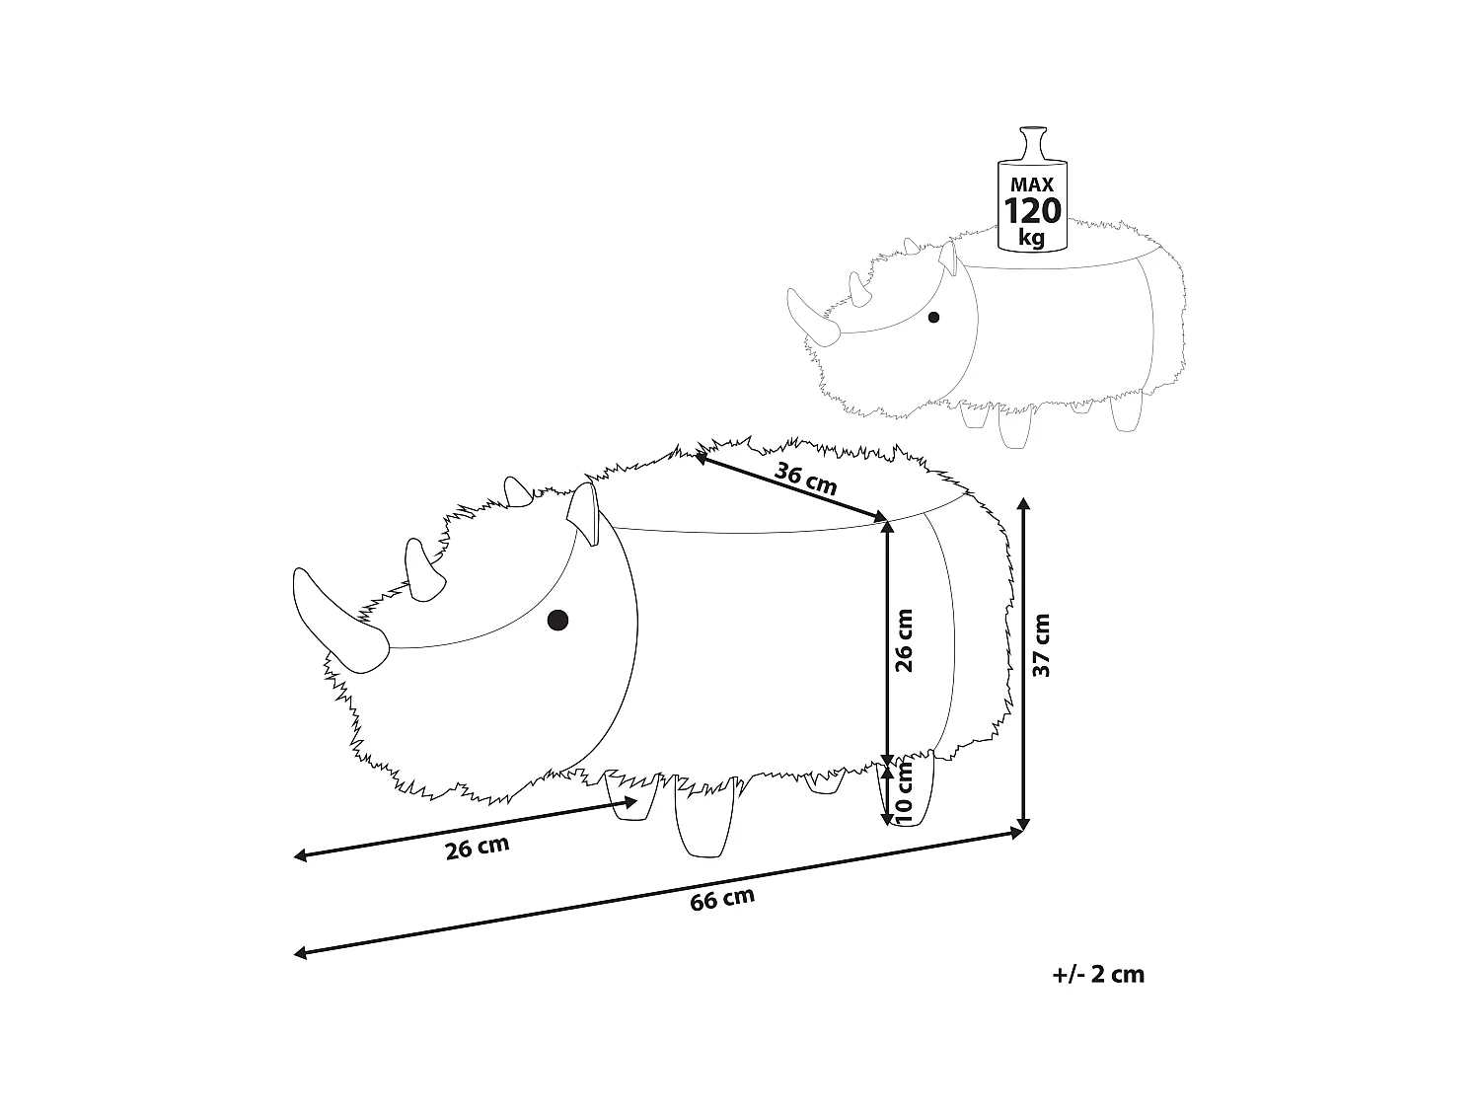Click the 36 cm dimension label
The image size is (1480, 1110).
tap(805, 479)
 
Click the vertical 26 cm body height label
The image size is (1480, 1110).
tap(904, 640)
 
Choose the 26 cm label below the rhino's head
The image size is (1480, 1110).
tap(477, 848)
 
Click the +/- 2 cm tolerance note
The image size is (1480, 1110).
tap(1098, 975)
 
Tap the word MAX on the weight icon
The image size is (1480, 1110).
tap(1032, 185)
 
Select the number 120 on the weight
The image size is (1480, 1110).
tap(1032, 210)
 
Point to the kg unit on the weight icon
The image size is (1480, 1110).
tap(1032, 238)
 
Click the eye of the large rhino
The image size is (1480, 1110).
tap(557, 620)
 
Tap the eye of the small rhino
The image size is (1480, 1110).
tap(933, 317)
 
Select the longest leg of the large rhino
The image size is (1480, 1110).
tap(703, 817)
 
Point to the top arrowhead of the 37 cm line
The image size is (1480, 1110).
tap(1023, 503)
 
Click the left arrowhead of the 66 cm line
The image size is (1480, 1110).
tap(299, 953)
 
